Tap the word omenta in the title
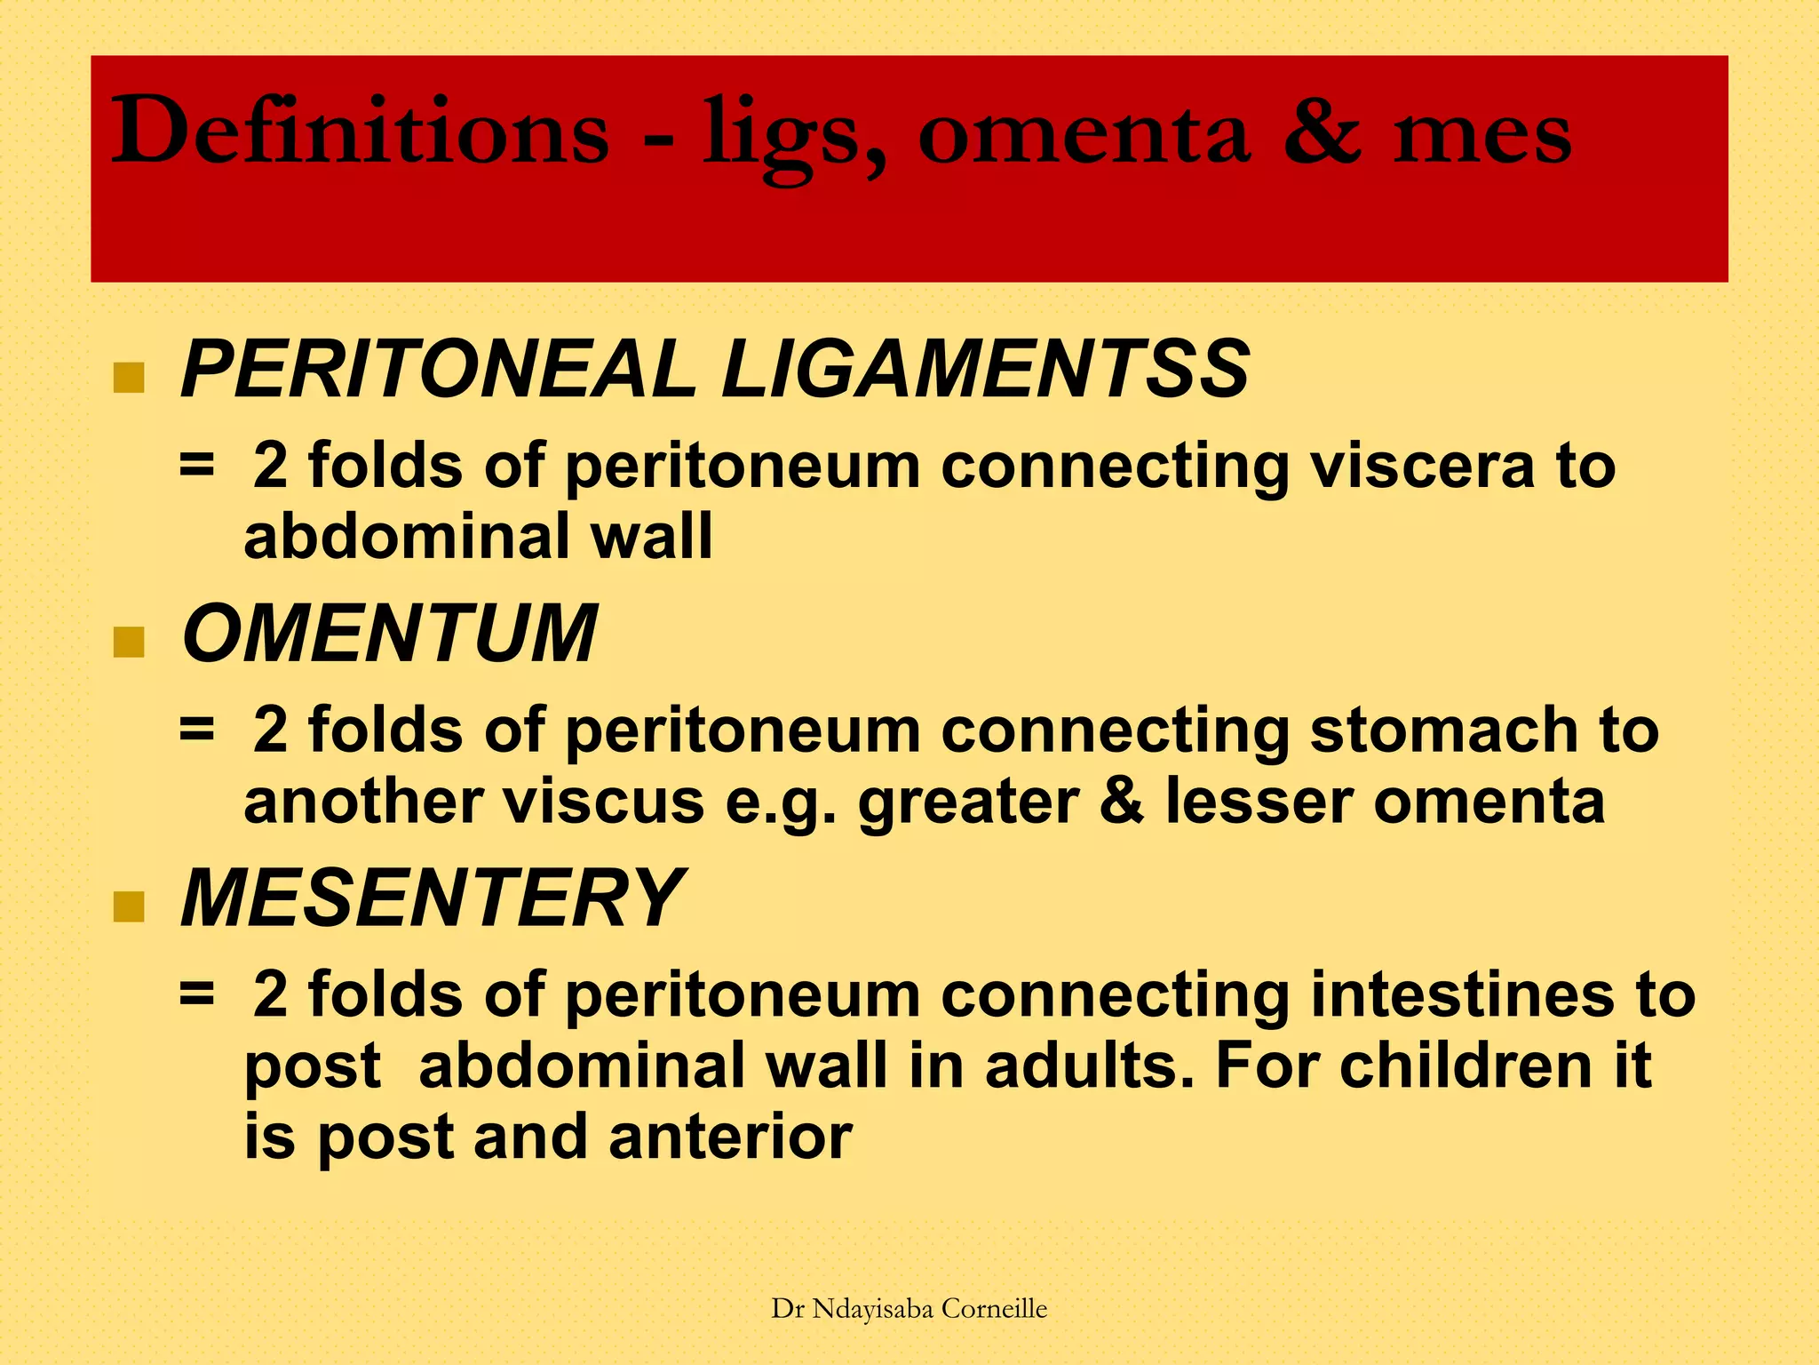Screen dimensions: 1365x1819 point(1083,133)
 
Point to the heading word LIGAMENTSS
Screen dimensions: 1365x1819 point(985,369)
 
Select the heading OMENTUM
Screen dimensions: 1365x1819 point(389,633)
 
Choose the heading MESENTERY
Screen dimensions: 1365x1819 point(432,898)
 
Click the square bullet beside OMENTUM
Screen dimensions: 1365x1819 point(129,642)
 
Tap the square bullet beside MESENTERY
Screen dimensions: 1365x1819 point(129,906)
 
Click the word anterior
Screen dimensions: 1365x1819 point(730,1137)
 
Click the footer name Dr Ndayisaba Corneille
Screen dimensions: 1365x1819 point(909,1308)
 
